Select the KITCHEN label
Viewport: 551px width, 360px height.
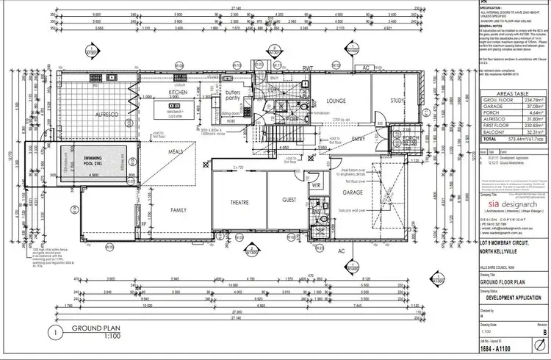(x=179, y=93)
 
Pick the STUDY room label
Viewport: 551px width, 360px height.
(x=397, y=101)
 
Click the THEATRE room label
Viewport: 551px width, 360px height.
(x=239, y=202)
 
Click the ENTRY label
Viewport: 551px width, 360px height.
(x=359, y=139)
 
